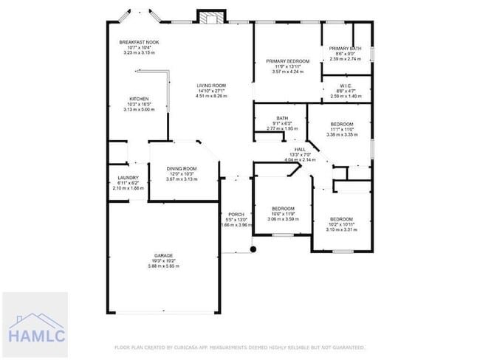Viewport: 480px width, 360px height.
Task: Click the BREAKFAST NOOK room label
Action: pos(139,43)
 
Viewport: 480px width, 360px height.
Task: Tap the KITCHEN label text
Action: pos(140,99)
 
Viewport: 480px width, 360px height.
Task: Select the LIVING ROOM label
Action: pos(210,86)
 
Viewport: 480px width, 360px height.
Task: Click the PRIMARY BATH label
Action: pos(346,48)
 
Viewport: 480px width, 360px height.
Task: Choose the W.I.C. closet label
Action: pos(345,86)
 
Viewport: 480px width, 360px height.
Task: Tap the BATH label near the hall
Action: pos(281,118)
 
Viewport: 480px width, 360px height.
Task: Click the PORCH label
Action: pos(236,214)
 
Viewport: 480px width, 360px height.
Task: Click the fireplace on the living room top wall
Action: pos(210,16)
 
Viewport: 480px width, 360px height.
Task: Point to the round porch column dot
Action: pos(253,249)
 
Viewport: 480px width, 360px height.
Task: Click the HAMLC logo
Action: pos(35,325)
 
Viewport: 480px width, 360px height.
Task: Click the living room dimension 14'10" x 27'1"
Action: pos(210,91)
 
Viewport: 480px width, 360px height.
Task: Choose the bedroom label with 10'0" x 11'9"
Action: pos(282,209)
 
